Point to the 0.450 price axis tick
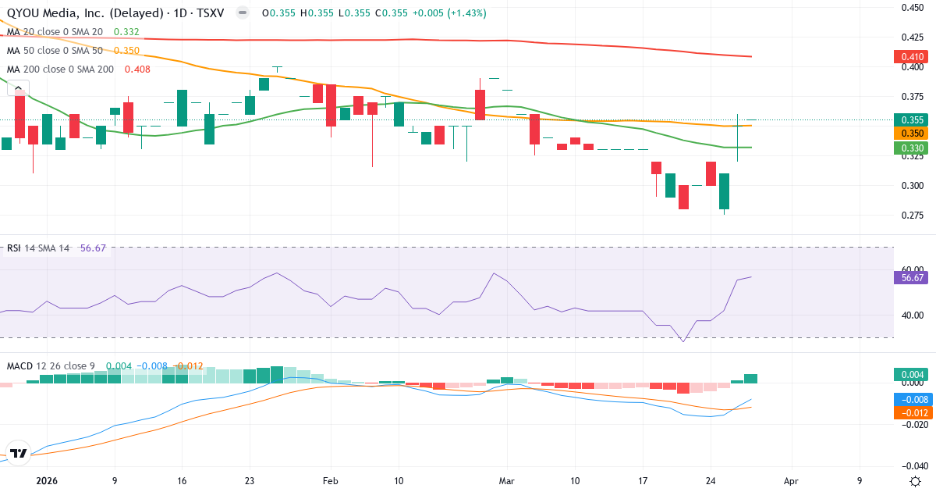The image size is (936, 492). [x=913, y=7]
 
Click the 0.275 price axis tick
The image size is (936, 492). [x=913, y=215]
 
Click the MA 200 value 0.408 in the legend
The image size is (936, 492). [x=137, y=69]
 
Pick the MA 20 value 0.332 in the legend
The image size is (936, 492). [x=126, y=31]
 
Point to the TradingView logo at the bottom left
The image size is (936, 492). [x=19, y=453]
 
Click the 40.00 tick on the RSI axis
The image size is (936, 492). [x=913, y=316]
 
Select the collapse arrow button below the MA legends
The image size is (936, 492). [x=17, y=88]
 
